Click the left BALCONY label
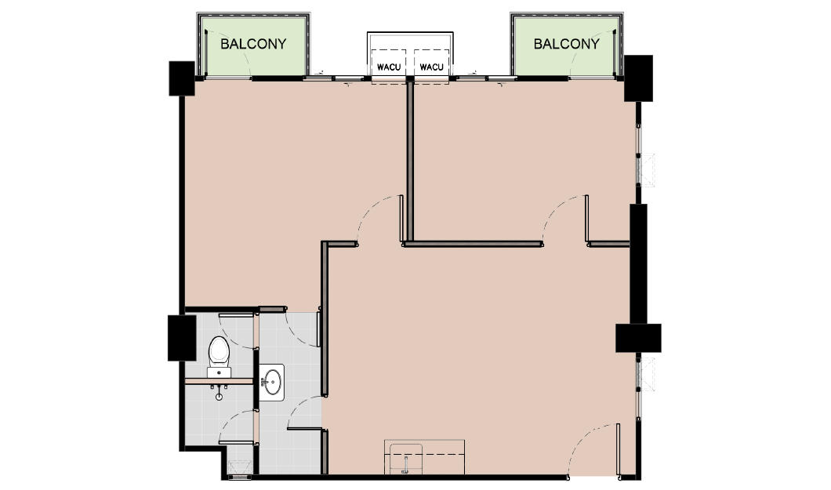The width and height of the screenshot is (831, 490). click(253, 43)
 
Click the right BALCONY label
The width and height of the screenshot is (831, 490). click(567, 43)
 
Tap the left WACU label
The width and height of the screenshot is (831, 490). click(389, 67)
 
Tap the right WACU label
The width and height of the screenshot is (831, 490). click(431, 67)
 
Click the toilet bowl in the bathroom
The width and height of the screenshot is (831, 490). click(219, 350)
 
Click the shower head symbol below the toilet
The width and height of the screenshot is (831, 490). click(219, 392)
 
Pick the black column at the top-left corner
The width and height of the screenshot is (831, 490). click(182, 78)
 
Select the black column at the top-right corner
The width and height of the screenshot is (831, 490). click(638, 78)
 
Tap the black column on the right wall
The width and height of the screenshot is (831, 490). click(638, 338)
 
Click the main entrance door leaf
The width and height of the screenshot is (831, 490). click(619, 450)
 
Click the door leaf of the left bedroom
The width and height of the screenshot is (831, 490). click(401, 219)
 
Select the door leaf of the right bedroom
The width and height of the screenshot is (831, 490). click(586, 219)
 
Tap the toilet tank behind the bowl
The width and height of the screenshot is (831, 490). click(219, 372)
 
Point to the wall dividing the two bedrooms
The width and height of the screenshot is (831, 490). click(410, 161)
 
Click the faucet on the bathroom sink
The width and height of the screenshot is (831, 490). click(263, 382)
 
